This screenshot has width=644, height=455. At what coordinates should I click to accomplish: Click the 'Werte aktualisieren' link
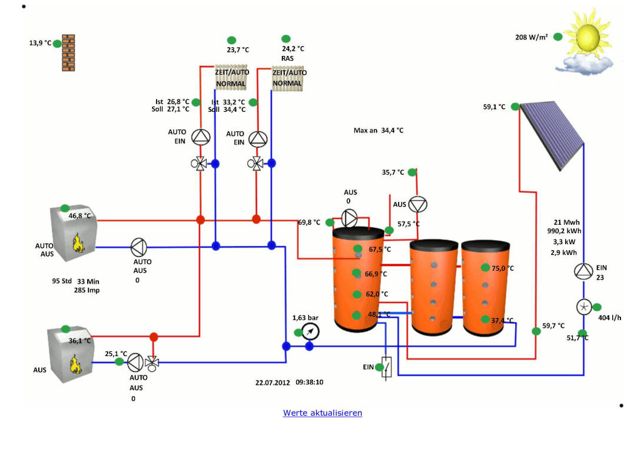point(323,413)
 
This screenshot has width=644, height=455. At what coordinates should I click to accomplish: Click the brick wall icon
point(69,52)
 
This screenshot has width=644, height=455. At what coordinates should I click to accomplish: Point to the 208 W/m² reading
point(532,37)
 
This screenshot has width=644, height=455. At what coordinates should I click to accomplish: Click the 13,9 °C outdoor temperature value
point(41,43)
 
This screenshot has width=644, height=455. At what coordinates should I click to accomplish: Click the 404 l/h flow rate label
point(610,318)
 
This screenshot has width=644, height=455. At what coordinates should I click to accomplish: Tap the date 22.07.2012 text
point(273,382)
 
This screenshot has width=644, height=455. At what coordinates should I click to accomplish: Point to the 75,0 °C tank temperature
point(503,268)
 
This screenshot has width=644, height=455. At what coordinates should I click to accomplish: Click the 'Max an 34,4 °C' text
point(379,131)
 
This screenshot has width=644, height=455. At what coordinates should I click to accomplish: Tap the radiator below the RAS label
point(288,78)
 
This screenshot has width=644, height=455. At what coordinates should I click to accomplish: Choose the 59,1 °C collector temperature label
point(494,107)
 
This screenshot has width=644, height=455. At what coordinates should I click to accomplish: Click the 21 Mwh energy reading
point(567,222)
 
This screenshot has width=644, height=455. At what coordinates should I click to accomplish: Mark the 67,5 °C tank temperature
point(380,250)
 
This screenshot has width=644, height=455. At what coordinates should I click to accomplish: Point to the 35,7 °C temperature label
point(393,172)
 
